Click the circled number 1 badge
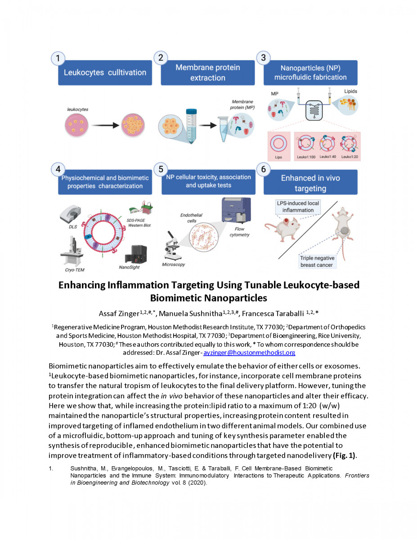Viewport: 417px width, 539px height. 58,58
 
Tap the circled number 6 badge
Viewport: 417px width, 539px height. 263,169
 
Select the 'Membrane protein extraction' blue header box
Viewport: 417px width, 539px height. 208,73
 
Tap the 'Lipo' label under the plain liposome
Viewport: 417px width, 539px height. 278,157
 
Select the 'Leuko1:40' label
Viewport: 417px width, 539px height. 327,157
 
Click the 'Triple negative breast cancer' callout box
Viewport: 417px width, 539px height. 317,261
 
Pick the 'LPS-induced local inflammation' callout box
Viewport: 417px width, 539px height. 298,207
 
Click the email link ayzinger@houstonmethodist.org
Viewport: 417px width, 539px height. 249,353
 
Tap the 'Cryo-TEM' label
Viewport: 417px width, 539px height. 75,270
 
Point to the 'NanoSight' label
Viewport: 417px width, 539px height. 129,267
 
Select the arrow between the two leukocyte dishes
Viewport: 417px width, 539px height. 105,125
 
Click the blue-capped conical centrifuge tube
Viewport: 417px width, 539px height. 191,126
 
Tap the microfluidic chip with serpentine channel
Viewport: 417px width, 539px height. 314,110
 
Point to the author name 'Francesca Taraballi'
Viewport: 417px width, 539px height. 273,314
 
